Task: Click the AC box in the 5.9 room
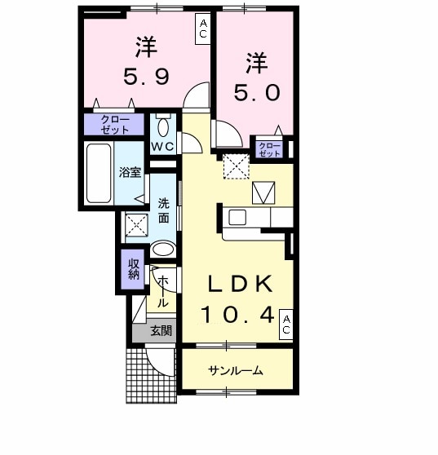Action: pos(202,29)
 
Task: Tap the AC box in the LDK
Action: pos(286,325)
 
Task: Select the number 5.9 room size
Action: pos(146,77)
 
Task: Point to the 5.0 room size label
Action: pos(257,93)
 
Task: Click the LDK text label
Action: pos(240,284)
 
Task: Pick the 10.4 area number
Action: pos(237,315)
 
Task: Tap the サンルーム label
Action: pos(236,370)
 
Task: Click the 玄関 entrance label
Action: pos(161,330)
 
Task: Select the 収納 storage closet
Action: pos(133,270)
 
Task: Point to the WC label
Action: pos(163,147)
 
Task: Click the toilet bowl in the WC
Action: pos(164,126)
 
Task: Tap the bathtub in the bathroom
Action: pos(99,173)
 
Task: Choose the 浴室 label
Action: pos(130,172)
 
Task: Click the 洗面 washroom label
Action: pos(163,210)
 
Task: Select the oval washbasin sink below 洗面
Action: pos(163,249)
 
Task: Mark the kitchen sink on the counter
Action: pos(237,218)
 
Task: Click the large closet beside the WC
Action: pos(114,125)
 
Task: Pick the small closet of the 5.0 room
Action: pos(269,149)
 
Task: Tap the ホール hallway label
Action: pos(163,292)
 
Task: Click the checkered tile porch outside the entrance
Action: pos(151,375)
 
